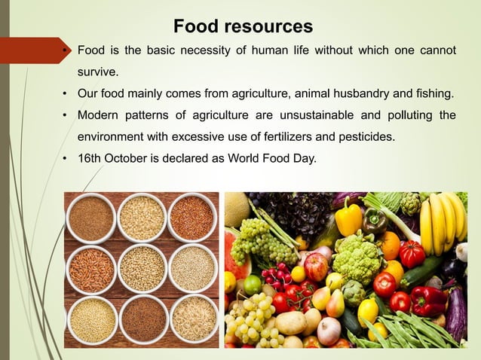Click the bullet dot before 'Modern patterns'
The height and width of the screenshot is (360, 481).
pyautogui.click(x=66, y=116)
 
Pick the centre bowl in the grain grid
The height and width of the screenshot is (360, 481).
pyautogui.click(x=142, y=268)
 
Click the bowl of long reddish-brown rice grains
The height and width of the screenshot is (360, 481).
pyautogui.click(x=90, y=268)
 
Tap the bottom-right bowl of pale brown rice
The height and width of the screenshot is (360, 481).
pyautogui.click(x=192, y=319)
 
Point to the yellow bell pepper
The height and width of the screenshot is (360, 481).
pyautogui.click(x=348, y=218)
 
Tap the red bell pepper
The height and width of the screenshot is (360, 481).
pyautogui.click(x=428, y=301)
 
